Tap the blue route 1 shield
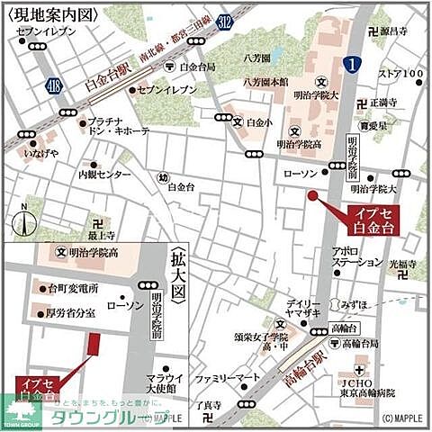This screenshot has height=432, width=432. (352, 62)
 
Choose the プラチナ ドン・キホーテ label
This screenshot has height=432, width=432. (120, 126)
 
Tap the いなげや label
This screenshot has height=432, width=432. (40, 153)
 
